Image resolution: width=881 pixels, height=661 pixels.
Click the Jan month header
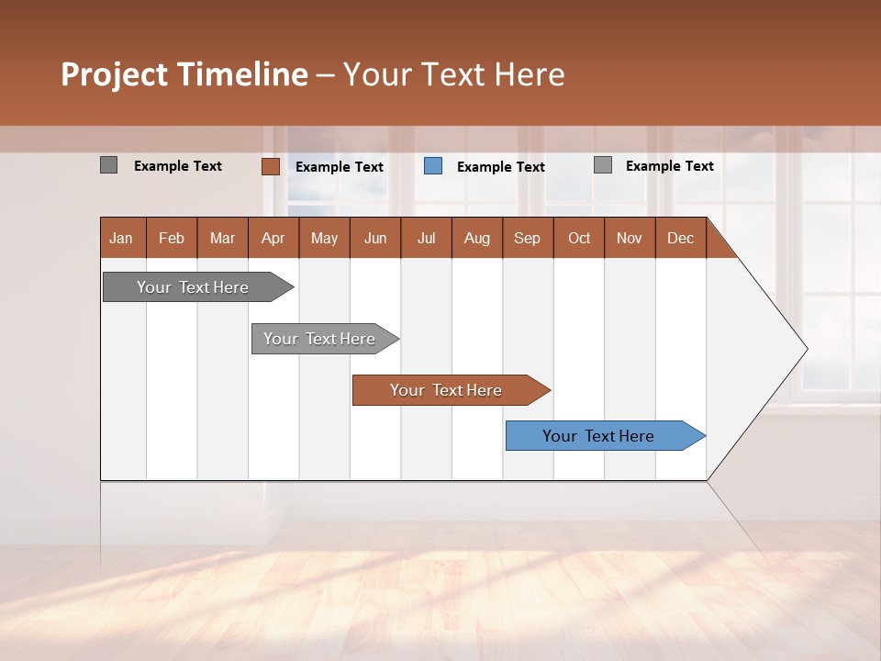tap(122, 239)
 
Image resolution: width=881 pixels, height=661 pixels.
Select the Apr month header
tap(273, 239)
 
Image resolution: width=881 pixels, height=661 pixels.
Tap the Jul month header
tap(426, 239)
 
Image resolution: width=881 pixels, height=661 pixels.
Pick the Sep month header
tap(527, 239)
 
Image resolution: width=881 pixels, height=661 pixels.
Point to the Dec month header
tap(680, 239)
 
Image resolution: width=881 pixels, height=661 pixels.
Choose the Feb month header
tap(172, 239)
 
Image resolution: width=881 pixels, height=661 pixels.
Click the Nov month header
tap(629, 239)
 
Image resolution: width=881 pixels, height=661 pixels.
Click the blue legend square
tap(433, 166)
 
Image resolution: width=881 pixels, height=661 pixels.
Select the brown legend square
tap(271, 166)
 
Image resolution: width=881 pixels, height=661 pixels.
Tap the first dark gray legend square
tap(108, 165)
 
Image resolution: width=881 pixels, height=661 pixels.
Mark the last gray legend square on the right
tap(603, 165)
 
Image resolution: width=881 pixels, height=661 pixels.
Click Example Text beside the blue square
tap(500, 167)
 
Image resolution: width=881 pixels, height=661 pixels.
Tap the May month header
tap(324, 239)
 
